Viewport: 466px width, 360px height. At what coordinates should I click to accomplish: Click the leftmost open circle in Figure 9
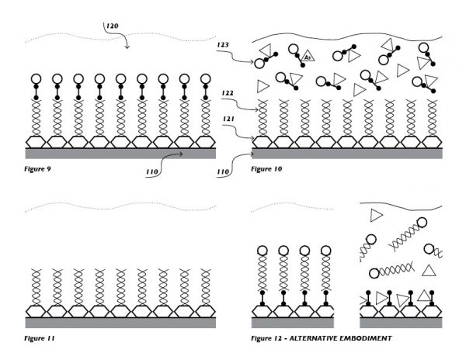coord(35,79)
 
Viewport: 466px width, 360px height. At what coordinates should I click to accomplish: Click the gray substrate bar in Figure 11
coord(120,322)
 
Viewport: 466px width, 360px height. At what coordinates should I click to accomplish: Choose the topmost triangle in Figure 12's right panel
coord(376,215)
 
